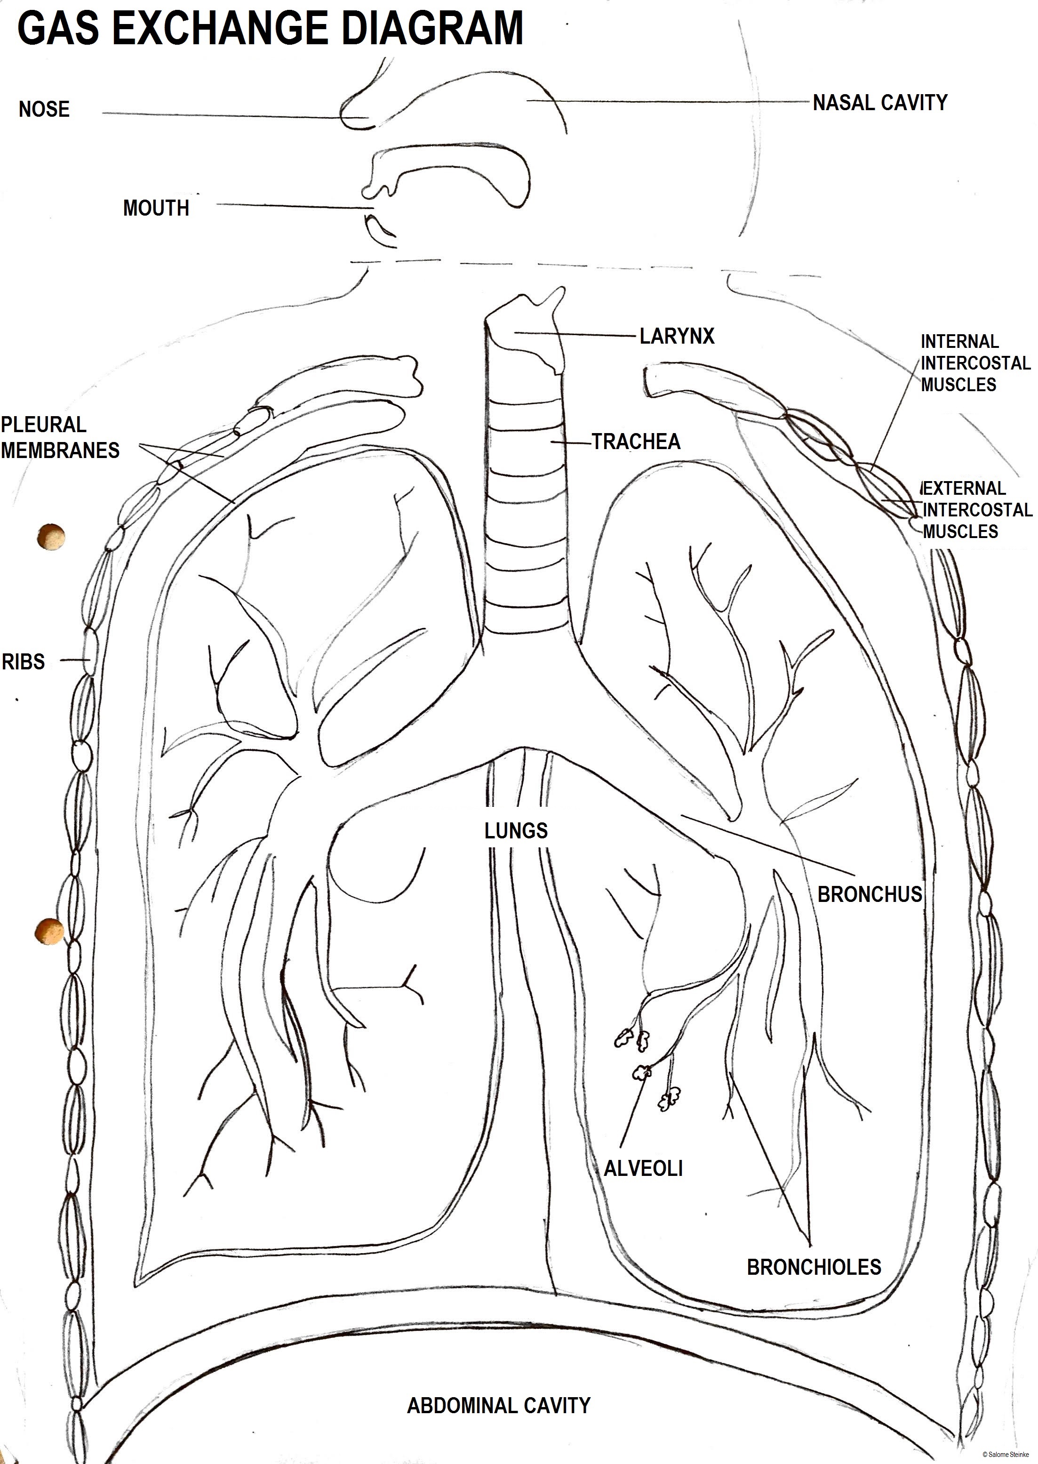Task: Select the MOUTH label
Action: pos(156,209)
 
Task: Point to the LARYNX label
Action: pos(677,336)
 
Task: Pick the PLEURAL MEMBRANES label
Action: pos(60,438)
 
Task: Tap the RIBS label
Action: pos(24,662)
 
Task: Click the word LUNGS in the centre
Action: pos(516,831)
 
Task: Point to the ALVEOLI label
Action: pos(643,1169)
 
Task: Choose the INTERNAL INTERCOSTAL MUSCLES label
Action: pos(975,363)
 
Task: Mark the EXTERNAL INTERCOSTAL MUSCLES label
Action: pos(977,510)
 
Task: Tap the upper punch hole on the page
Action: pos(51,536)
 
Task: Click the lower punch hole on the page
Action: pos(50,931)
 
